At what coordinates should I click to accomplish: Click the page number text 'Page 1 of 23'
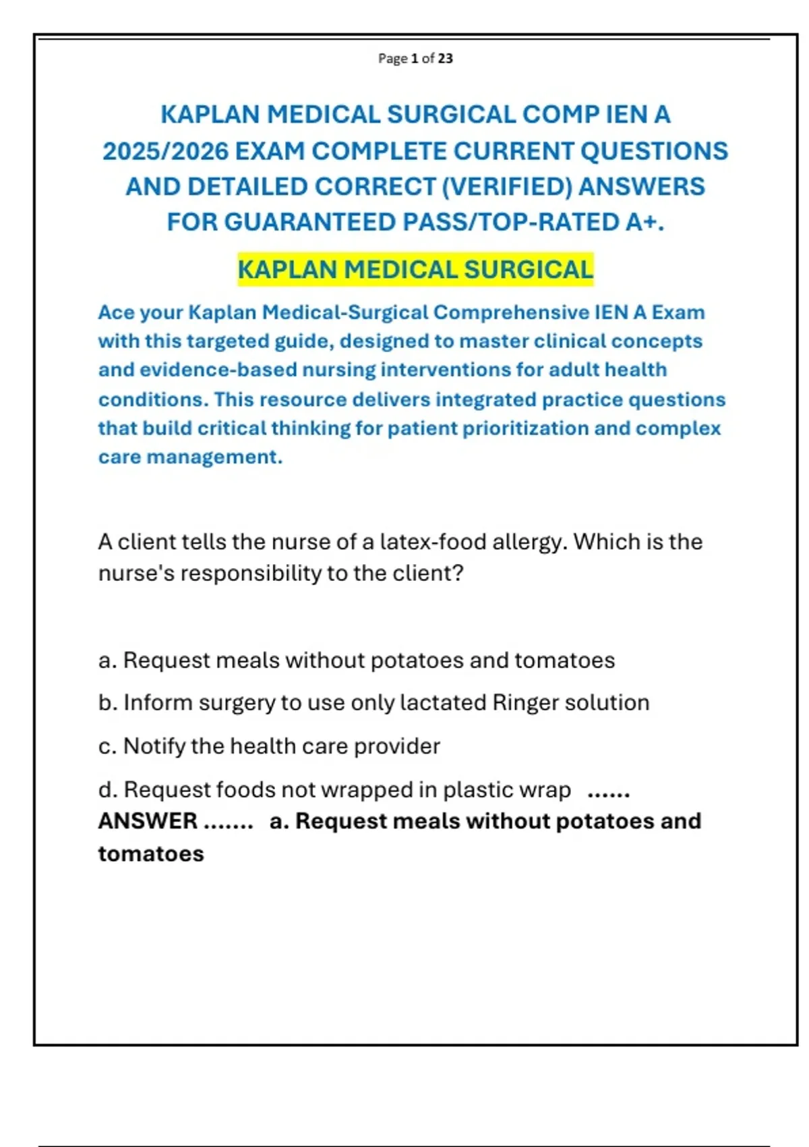click(x=415, y=59)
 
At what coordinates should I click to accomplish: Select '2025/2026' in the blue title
click(x=165, y=151)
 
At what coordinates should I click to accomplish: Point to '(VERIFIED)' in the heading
click(x=507, y=186)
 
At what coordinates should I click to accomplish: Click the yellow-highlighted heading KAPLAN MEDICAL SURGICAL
click(x=415, y=270)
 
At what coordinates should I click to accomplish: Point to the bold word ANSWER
click(x=148, y=821)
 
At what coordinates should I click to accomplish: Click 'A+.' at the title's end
click(x=645, y=222)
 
